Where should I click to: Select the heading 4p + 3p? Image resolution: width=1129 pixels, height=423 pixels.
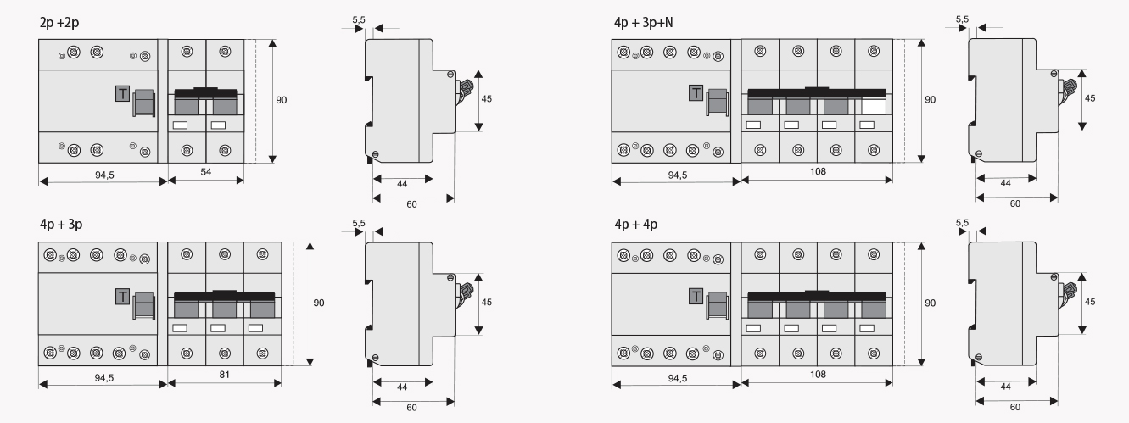pyautogui.click(x=59, y=225)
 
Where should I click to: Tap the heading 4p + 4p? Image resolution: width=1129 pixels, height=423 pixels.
pyautogui.click(x=635, y=225)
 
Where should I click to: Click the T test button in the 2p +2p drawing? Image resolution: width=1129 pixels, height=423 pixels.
pyautogui.click(x=122, y=93)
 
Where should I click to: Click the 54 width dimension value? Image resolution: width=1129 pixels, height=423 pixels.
pyautogui.click(x=206, y=172)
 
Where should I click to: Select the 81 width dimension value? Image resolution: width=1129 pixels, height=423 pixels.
pyautogui.click(x=224, y=373)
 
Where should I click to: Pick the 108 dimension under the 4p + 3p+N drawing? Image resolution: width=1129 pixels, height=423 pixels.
pyautogui.click(x=818, y=171)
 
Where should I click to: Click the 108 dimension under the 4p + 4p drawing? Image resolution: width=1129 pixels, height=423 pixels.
pyautogui.click(x=818, y=373)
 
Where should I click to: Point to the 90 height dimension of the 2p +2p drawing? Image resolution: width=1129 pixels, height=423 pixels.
pyautogui.click(x=281, y=100)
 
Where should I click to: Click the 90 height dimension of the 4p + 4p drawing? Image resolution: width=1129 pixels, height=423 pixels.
pyautogui.click(x=930, y=303)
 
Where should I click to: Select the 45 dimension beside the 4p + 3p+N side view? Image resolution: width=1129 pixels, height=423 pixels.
pyautogui.click(x=1090, y=98)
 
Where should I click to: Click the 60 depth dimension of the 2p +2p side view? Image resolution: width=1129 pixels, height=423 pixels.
pyautogui.click(x=411, y=203)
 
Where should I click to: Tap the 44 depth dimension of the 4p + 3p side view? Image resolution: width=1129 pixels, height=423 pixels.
pyautogui.click(x=402, y=386)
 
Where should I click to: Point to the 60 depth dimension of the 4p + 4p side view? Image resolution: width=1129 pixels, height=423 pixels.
pyautogui.click(x=1014, y=405)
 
